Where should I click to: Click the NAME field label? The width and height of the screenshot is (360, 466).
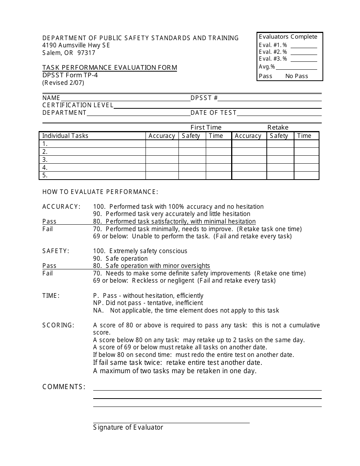pyautogui.click(x=51, y=98)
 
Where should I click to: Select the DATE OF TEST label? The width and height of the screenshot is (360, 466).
pyautogui.click(x=213, y=113)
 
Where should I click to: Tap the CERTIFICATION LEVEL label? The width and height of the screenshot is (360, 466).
pyautogui.click(x=78, y=105)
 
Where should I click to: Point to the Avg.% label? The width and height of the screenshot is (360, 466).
pyautogui.click(x=267, y=67)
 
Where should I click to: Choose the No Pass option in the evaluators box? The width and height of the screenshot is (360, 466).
pyautogui.click(x=297, y=76)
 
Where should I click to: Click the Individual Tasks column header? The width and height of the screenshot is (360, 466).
pyautogui.click(x=65, y=136)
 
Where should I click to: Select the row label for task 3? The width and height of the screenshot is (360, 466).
pyautogui.click(x=45, y=160)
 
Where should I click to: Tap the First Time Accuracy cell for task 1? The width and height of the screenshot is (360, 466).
pyautogui.click(x=162, y=144)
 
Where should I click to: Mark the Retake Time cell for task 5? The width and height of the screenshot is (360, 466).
pyautogui.click(x=306, y=175)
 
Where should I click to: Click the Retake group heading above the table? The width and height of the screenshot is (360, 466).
pyautogui.click(x=278, y=127)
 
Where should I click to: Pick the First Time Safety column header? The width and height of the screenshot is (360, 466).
pyautogui.click(x=191, y=136)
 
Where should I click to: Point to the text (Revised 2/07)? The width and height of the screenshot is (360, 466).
pyautogui.click(x=63, y=82)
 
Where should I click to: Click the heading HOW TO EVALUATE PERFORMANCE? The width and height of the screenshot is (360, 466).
pyautogui.click(x=100, y=192)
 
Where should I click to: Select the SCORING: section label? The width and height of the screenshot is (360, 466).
pyautogui.click(x=58, y=325)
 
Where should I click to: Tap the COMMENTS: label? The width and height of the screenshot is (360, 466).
pyautogui.click(x=64, y=387)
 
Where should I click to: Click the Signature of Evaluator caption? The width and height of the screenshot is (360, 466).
pyautogui.click(x=128, y=427)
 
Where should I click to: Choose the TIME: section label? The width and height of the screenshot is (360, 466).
pyautogui.click(x=51, y=296)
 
